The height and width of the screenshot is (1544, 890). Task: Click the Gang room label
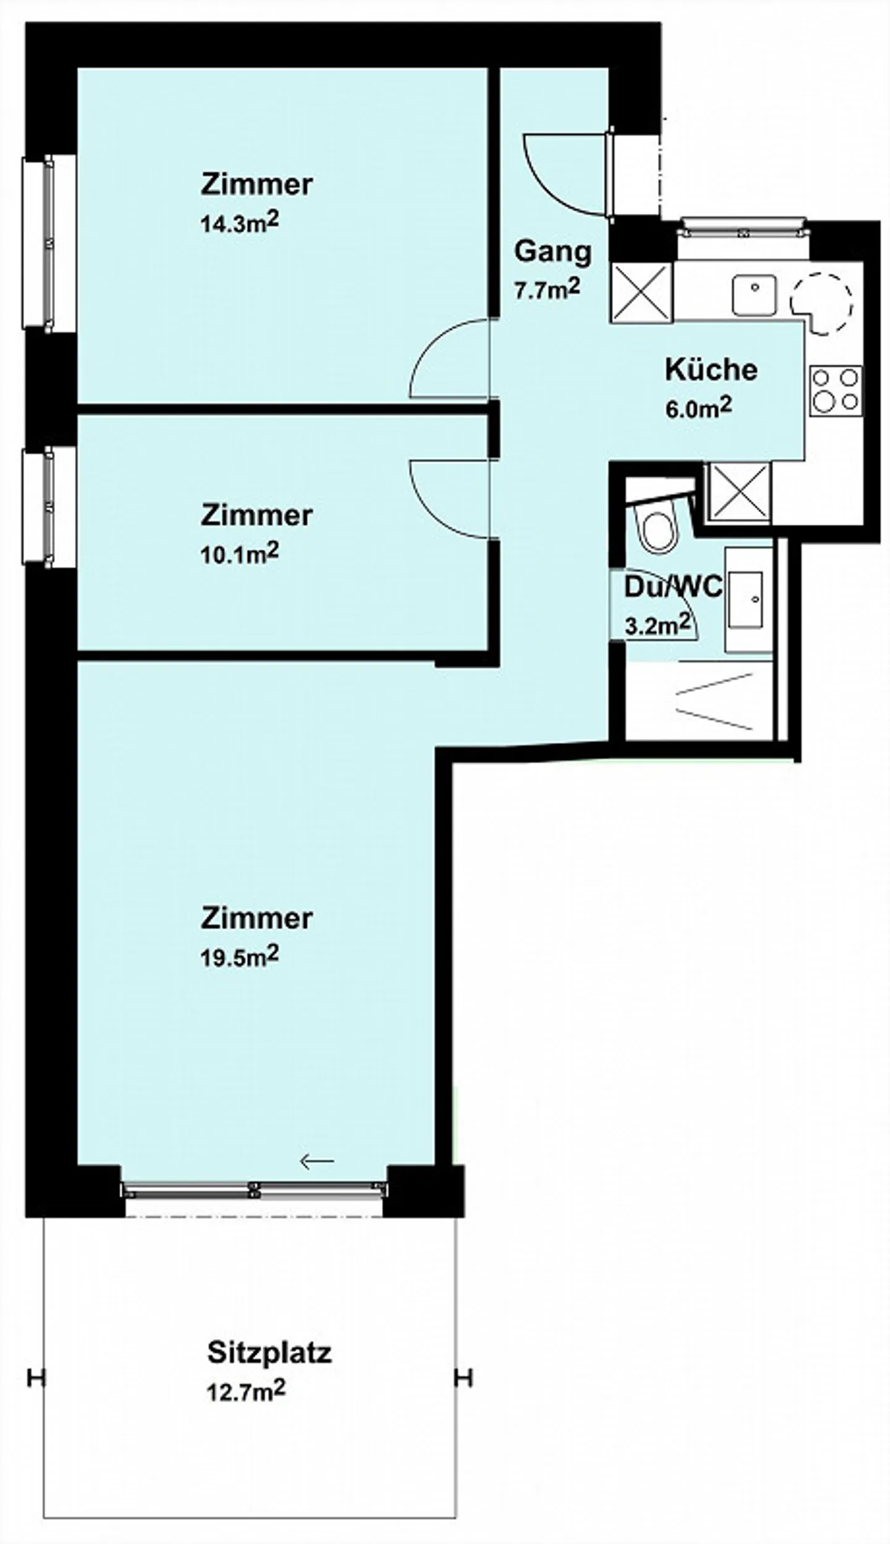coord(553,253)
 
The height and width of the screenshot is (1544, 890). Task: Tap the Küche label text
coord(711,369)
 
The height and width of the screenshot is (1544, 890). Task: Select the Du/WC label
coord(673,587)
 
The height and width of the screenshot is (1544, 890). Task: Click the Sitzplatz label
coord(269,1352)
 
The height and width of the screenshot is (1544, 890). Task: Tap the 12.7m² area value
coord(246,1391)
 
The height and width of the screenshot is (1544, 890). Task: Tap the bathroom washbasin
coord(747,599)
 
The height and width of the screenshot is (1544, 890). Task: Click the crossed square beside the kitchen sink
coord(641,292)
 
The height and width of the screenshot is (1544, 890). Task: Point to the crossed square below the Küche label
coord(740,492)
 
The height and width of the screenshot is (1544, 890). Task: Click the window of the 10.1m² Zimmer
coord(48,507)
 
